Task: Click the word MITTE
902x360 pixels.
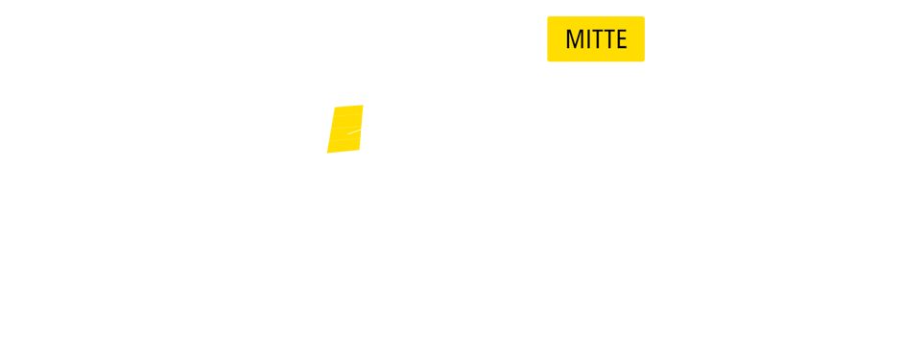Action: [596, 39]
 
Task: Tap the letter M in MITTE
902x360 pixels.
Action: [575, 39]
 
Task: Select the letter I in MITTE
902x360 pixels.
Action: [587, 39]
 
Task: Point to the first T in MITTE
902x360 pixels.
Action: [597, 39]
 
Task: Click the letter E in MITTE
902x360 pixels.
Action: [621, 39]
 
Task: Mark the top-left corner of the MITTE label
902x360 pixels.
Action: [548, 16]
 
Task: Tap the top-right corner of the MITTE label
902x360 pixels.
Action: [644, 16]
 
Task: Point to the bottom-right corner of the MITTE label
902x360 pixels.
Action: [644, 61]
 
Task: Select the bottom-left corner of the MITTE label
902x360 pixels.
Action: [548, 61]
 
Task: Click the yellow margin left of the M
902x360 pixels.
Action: [556, 39]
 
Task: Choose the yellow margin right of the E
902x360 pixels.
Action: [636, 39]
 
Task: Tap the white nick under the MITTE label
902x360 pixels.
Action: [564, 62]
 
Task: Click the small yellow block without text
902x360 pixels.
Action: [344, 120]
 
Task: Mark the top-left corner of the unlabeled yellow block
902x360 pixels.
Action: [327, 105]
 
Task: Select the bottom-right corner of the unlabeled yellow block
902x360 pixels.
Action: [363, 153]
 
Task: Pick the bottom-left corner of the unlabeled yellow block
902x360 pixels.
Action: [327, 153]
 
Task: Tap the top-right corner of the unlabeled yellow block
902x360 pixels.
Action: [362, 106]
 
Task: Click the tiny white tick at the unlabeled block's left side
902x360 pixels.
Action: [328, 139]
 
